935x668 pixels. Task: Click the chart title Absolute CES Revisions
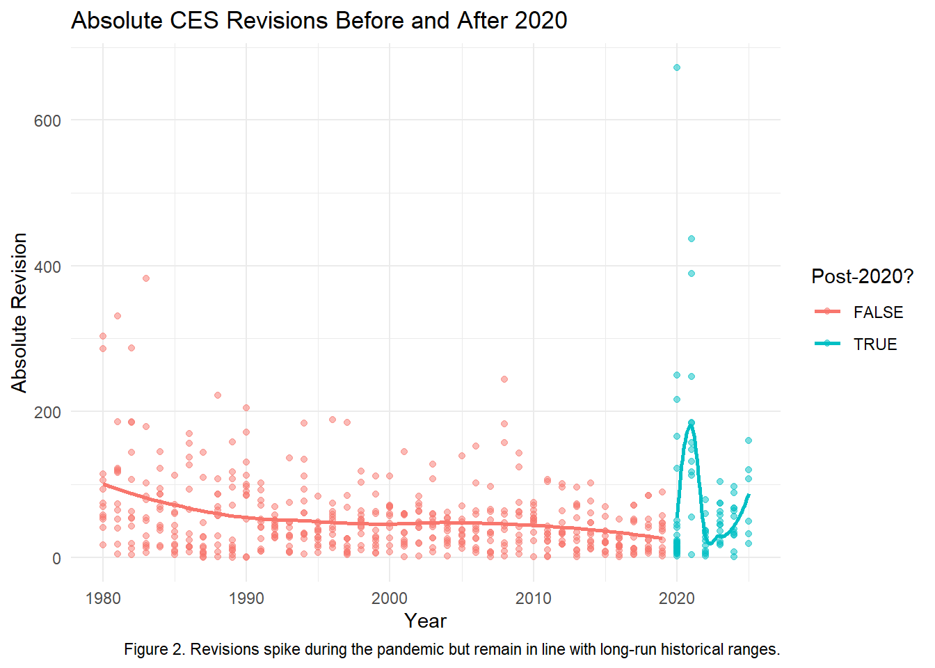click(x=319, y=20)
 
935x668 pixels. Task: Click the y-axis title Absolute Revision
click(x=19, y=312)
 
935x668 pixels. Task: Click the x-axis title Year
click(x=425, y=621)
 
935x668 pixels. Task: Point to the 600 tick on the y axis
click(x=47, y=120)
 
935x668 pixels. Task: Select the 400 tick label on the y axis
click(x=47, y=267)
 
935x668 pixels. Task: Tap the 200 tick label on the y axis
click(x=47, y=412)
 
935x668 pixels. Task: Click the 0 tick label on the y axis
click(x=56, y=558)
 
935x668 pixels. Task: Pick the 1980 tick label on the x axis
click(x=103, y=598)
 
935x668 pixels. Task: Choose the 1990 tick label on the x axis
click(x=246, y=598)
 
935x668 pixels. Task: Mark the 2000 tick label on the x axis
click(x=390, y=598)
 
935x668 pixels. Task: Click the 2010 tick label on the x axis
click(x=534, y=598)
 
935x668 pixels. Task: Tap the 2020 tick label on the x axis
click(x=677, y=598)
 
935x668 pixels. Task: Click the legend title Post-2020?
click(x=862, y=276)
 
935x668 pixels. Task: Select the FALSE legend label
click(x=878, y=312)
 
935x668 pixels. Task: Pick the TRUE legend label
click(x=875, y=344)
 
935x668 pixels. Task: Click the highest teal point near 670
click(x=677, y=67)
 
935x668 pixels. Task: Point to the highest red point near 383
click(x=146, y=278)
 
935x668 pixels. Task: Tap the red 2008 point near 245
click(x=504, y=379)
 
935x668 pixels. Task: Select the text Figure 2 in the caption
click(x=153, y=649)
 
